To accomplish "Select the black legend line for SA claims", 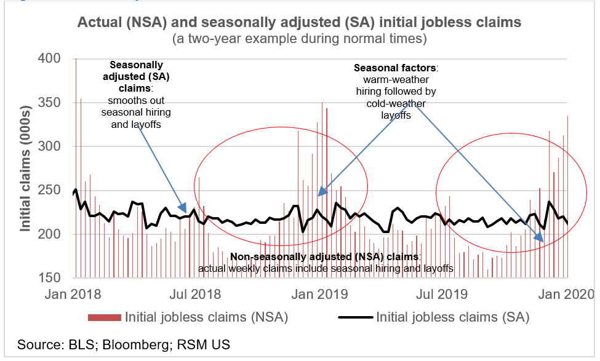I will click(x=355, y=317).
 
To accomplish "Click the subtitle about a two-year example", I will click(x=299, y=38).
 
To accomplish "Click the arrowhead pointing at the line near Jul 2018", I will click(x=183, y=209).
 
